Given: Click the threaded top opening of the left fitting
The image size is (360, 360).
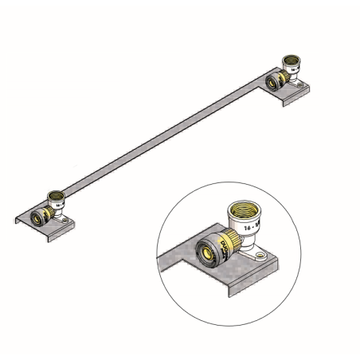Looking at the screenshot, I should (57, 194).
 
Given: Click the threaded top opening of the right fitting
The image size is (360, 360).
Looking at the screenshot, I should (292, 60).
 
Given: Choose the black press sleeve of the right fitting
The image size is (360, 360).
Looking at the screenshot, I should (276, 80).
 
